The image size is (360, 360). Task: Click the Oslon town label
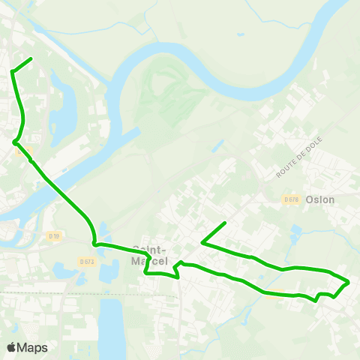320,200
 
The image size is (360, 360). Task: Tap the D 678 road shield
292,199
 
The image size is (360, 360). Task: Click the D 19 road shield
54,236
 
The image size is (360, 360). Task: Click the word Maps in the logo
32,348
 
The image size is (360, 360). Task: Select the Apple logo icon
11,347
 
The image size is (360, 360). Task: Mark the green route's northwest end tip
31,58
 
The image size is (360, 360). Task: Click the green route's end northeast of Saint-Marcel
226,223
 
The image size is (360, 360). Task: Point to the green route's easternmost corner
349,282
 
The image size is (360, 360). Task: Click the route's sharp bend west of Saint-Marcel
94,242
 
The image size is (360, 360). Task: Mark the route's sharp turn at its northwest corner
13,71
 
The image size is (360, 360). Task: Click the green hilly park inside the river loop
172,97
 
